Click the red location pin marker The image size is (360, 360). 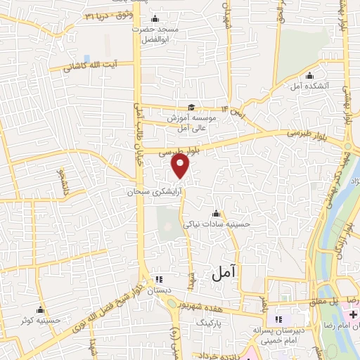tap(181, 167)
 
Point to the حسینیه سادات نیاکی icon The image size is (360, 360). tap(216, 214)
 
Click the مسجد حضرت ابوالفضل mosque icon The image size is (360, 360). tap(155, 19)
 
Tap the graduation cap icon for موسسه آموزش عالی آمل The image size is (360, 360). tap(191, 107)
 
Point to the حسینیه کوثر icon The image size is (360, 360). tap(40, 310)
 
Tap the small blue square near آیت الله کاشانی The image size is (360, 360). tap(86, 59)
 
